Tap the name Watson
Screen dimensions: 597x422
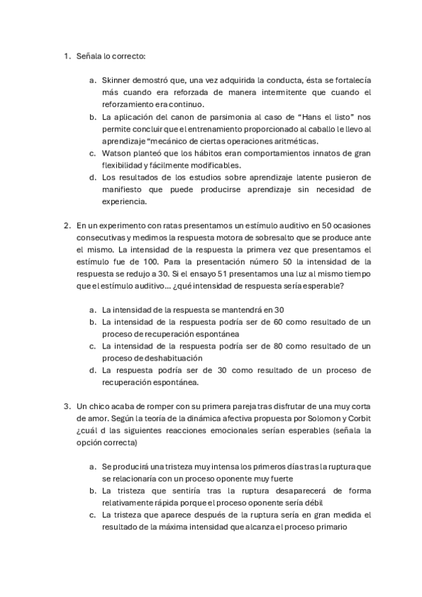(x=116, y=152)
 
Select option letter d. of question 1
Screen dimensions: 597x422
(x=94, y=177)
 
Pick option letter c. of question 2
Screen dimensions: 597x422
(x=94, y=346)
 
